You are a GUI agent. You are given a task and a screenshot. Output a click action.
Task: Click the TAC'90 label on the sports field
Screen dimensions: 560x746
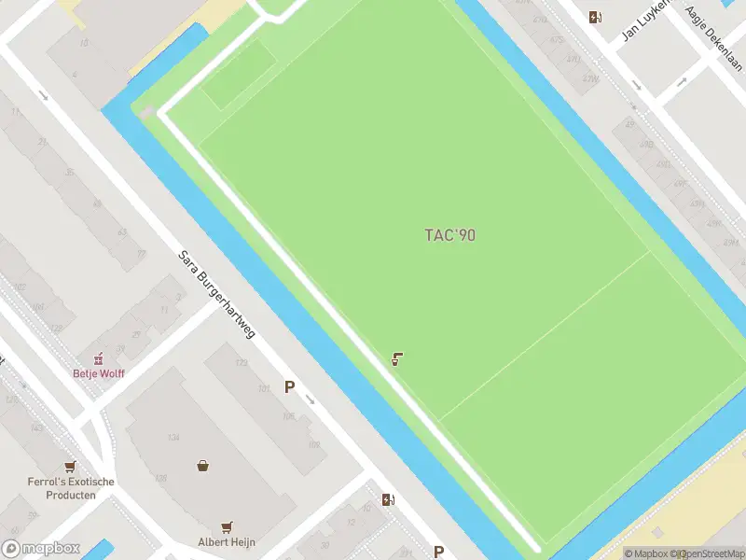tap(450, 235)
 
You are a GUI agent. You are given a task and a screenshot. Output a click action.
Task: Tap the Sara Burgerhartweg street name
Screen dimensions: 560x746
tap(216, 293)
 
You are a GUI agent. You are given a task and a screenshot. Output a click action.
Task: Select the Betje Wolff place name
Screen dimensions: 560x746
tap(99, 373)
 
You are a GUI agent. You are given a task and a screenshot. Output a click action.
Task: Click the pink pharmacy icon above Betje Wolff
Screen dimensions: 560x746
tap(97, 358)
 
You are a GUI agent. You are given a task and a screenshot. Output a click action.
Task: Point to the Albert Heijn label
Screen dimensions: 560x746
tap(227, 541)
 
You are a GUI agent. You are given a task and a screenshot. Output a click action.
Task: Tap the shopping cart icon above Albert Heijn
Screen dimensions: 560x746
tap(227, 526)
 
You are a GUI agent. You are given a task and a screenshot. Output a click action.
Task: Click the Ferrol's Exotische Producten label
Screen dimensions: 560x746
tap(71, 488)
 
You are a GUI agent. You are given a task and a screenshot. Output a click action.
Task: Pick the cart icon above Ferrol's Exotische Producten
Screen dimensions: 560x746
tap(70, 467)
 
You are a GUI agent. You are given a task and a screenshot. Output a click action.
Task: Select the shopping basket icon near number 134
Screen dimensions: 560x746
tap(202, 465)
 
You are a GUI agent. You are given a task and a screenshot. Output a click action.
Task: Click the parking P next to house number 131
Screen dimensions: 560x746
tap(290, 386)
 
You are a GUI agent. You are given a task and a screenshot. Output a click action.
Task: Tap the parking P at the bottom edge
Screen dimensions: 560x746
tap(438, 552)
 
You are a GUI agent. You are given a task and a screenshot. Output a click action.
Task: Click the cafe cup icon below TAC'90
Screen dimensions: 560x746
tap(397, 358)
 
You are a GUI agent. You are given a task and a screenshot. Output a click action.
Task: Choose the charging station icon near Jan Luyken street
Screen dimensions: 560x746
tap(595, 17)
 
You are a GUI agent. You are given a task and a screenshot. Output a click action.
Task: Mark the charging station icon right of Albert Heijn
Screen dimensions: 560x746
tap(388, 499)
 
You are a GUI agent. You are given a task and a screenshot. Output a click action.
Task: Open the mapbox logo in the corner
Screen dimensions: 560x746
tap(41, 549)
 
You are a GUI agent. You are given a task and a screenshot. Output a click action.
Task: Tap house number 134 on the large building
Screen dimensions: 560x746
tap(173, 438)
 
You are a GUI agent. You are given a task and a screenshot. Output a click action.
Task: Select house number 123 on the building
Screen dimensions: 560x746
tap(242, 363)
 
